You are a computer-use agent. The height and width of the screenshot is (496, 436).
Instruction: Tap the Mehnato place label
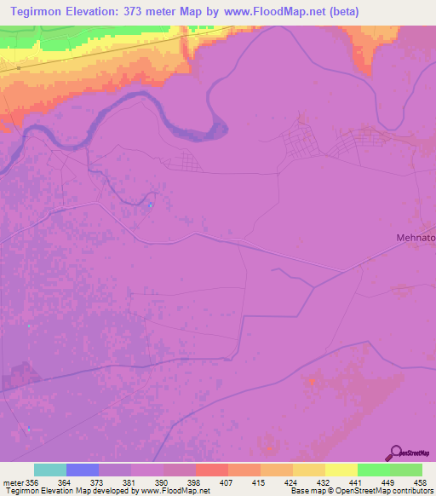click(x=413, y=239)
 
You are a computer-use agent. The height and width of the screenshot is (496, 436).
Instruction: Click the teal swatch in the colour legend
click(x=50, y=470)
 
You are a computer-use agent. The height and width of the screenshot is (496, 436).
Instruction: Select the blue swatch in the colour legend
click(x=83, y=470)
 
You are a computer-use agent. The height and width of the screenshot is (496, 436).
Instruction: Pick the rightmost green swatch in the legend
click(x=406, y=470)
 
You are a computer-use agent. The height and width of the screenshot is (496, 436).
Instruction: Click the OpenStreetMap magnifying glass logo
click(x=395, y=453)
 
